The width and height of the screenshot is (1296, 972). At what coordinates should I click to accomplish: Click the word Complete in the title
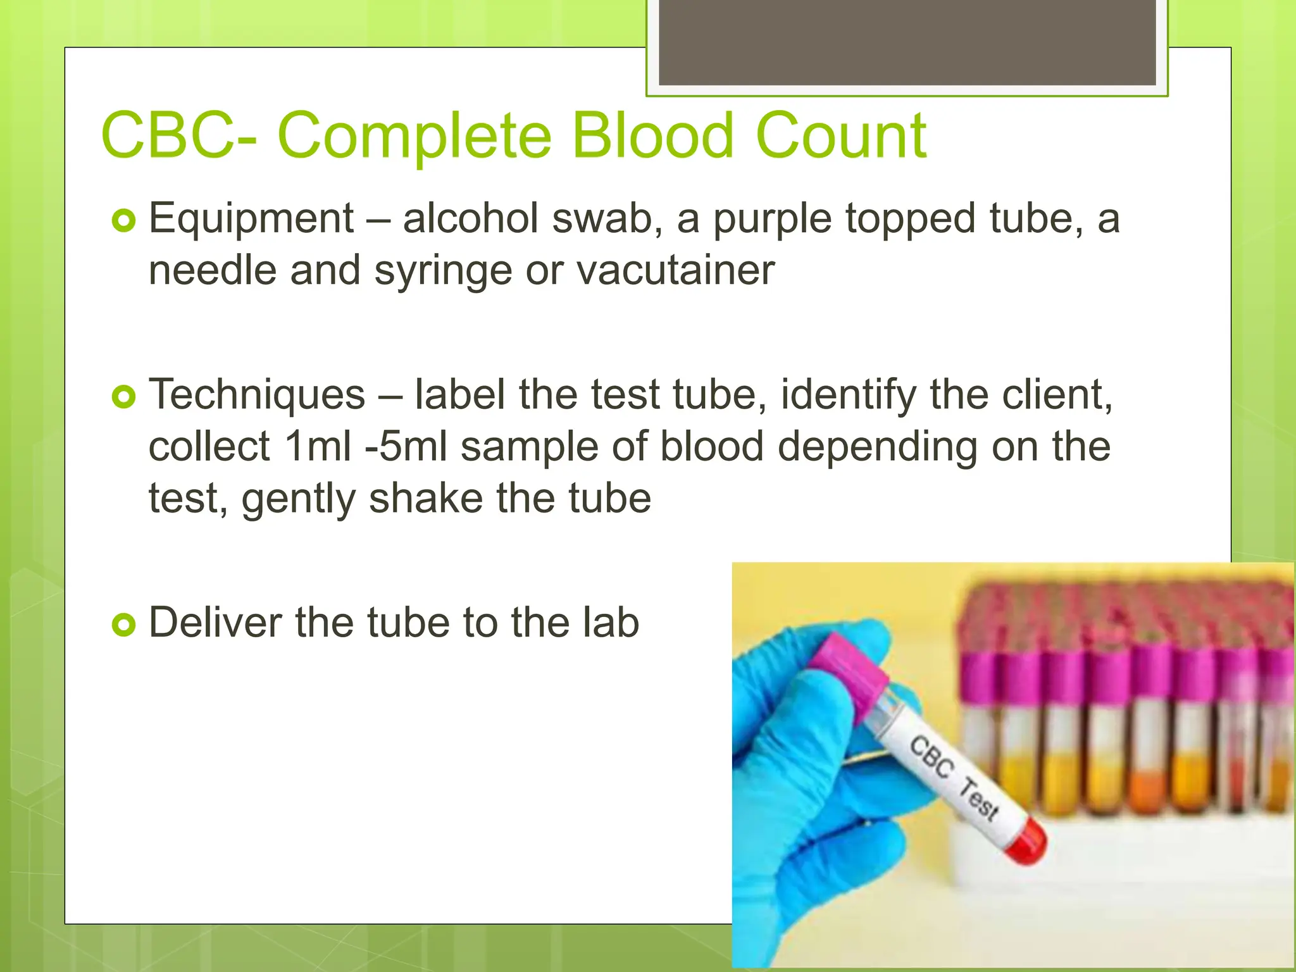414,136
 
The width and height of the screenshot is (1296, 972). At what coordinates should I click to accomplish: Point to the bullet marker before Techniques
123,397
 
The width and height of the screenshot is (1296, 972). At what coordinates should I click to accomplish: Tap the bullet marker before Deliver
123,625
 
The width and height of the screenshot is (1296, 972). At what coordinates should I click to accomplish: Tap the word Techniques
257,395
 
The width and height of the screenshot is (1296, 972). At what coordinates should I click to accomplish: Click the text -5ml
406,447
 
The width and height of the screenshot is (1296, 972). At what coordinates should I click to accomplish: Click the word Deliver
215,623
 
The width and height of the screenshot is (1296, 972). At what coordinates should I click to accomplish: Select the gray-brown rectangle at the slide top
907,42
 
